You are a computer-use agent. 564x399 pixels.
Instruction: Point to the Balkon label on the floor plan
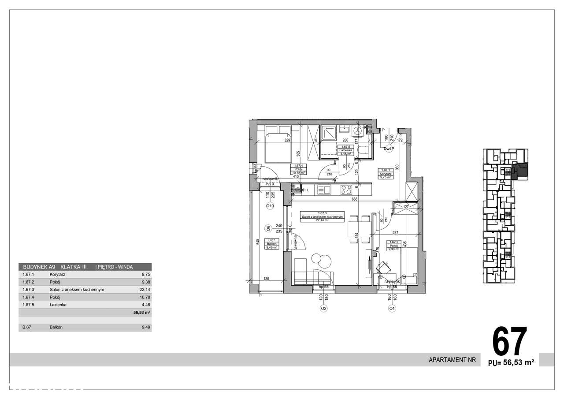click(271, 244)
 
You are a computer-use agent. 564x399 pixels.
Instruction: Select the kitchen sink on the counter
click(327, 190)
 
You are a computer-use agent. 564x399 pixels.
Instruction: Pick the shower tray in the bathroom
click(329, 132)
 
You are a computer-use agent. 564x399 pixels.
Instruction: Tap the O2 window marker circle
click(323, 309)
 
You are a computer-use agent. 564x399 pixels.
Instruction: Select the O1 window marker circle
click(392, 309)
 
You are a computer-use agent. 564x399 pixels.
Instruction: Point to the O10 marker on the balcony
click(270, 206)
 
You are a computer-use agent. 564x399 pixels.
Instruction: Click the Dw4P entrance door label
click(388, 149)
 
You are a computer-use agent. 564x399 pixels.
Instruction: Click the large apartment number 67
click(509, 342)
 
